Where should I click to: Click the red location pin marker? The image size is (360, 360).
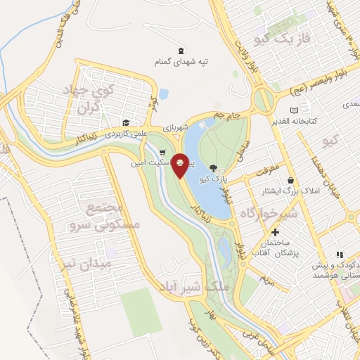(x=181, y=163)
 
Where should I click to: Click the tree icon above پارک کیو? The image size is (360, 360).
(x=214, y=168)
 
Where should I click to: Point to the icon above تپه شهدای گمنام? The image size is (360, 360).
(x=181, y=50)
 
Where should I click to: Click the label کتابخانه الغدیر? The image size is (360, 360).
(x=295, y=121)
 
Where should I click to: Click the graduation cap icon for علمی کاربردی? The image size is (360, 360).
(x=125, y=121)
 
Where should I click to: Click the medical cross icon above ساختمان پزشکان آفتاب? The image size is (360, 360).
(x=275, y=232)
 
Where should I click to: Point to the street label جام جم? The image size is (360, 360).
(x=226, y=114)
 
